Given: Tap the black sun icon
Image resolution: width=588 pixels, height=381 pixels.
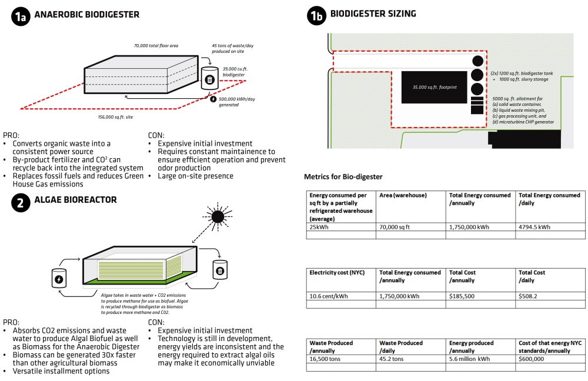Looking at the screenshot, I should (218, 217).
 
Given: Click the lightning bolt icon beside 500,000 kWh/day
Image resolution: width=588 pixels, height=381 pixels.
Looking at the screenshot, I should (213, 99).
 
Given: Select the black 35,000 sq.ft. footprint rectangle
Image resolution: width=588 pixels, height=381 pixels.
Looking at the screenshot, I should (434, 87).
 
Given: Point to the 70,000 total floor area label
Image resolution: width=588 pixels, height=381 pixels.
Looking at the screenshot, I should (156, 45).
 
